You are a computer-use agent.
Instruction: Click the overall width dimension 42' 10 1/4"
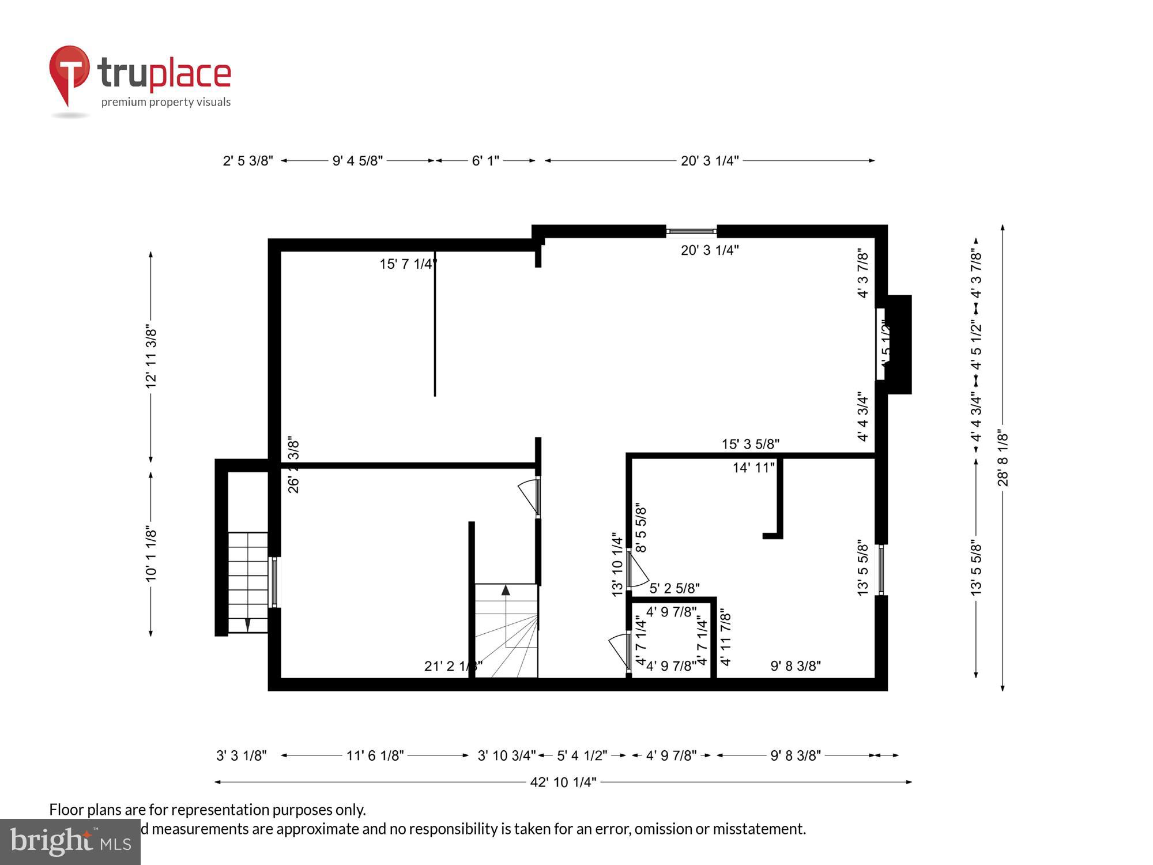563,783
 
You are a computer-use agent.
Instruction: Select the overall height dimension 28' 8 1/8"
1003,458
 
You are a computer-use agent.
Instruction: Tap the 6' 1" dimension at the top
485,161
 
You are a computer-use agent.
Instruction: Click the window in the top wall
691,232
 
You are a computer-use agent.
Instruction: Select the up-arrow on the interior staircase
506,591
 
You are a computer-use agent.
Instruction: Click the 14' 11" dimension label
753,468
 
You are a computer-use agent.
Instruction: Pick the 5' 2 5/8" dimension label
674,588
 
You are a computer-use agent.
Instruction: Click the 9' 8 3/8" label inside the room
796,666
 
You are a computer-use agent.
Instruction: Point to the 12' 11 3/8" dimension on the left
151,356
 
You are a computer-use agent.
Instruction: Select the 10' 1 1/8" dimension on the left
151,554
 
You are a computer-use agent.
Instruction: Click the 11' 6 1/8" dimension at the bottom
375,755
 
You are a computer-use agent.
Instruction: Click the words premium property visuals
166,103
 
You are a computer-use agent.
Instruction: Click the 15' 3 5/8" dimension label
750,444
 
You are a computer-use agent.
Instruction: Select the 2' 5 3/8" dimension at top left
248,161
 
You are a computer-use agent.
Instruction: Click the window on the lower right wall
881,570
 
